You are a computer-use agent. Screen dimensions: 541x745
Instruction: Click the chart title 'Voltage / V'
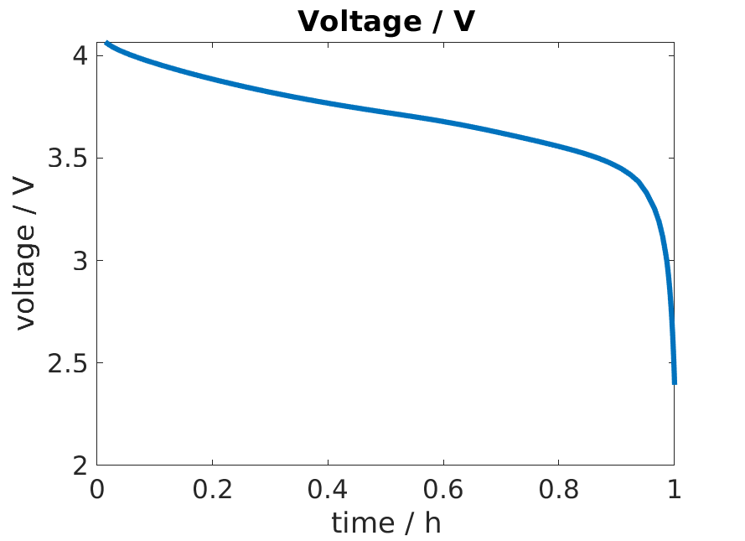385,22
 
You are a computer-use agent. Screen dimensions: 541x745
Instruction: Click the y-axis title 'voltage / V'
27,253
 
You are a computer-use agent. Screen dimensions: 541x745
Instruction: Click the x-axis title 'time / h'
385,523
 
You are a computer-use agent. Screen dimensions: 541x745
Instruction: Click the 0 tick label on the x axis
97,490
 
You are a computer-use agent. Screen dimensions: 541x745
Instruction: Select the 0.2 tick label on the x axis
213,490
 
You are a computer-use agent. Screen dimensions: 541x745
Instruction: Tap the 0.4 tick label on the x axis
329,490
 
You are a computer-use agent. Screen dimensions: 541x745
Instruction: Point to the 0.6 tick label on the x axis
443,490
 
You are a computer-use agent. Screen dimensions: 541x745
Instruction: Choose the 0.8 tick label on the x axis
559,490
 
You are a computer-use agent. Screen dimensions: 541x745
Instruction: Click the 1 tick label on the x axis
674,490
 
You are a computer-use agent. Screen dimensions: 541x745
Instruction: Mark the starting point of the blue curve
106,43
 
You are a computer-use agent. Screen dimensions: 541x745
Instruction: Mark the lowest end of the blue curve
674,383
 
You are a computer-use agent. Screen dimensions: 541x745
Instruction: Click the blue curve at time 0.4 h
329,103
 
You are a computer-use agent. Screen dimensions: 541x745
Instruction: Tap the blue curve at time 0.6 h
443,122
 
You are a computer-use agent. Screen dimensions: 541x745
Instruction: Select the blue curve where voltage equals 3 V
666,261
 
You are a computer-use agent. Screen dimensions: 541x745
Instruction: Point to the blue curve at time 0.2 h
213,81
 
